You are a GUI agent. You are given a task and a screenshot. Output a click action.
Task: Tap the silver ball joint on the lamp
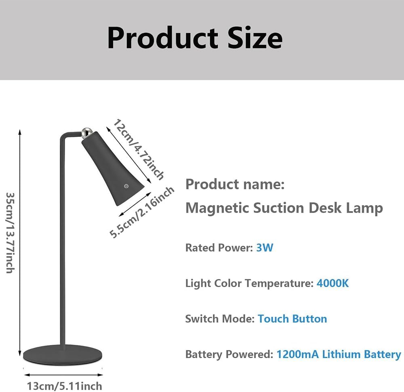tap(86, 132)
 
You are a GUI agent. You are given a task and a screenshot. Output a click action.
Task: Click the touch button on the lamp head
tap(126, 186)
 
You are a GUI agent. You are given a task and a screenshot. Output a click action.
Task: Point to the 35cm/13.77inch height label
tap(11, 233)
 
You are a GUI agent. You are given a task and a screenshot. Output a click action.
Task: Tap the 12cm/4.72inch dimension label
tap(139, 149)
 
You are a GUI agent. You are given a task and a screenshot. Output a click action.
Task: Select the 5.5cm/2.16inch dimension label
tap(142, 212)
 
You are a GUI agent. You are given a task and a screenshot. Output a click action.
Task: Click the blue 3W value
tap(265, 247)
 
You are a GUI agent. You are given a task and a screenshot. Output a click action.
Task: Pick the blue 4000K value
tap(332, 283)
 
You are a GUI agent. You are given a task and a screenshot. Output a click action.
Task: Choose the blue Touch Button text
tap(292, 319)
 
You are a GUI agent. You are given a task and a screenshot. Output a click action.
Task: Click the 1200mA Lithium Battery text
tap(339, 354)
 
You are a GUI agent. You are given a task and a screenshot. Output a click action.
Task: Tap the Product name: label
tap(235, 184)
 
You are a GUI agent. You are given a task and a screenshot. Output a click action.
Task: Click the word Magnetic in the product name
tap(217, 208)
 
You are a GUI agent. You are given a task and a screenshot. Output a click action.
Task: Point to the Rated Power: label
tap(219, 247)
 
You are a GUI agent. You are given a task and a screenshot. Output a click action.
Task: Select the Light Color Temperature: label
tap(249, 283)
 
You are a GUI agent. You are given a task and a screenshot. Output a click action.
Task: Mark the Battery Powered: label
tap(229, 354)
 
